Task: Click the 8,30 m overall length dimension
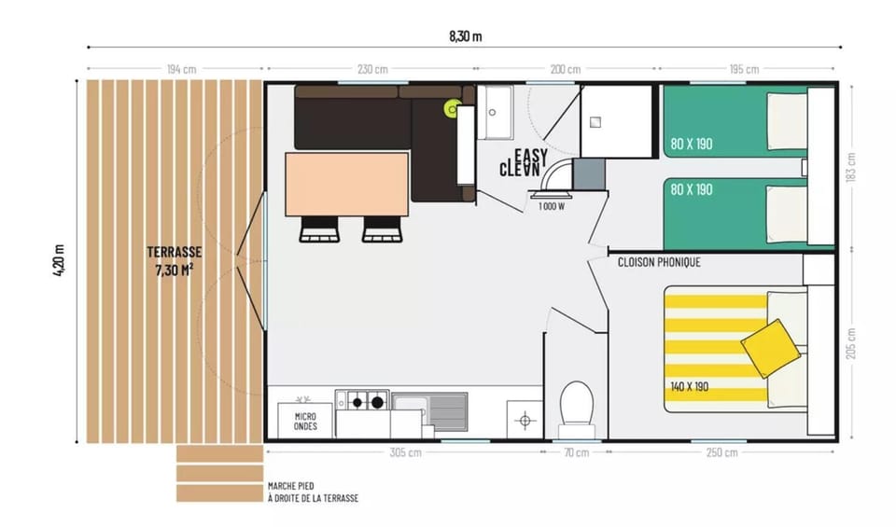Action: pyautogui.click(x=465, y=36)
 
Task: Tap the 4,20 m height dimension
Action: pyautogui.click(x=59, y=260)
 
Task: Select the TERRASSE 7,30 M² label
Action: pyautogui.click(x=175, y=261)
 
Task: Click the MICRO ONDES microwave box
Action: pyautogui.click(x=305, y=422)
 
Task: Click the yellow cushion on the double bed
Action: pyautogui.click(x=770, y=348)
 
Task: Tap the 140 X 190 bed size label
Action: pyautogui.click(x=689, y=386)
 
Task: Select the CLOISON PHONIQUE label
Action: pyautogui.click(x=659, y=262)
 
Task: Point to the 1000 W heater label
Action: pyautogui.click(x=552, y=206)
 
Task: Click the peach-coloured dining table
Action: pyautogui.click(x=347, y=184)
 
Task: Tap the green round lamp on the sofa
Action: pyautogui.click(x=454, y=108)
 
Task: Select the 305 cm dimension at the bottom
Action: pyautogui.click(x=406, y=452)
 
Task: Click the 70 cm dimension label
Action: pyautogui.click(x=576, y=452)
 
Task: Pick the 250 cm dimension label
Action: pyautogui.click(x=721, y=452)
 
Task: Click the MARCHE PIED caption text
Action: pyautogui.click(x=291, y=486)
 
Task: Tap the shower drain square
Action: pyautogui.click(x=595, y=121)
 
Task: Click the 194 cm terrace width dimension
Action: pyautogui.click(x=182, y=69)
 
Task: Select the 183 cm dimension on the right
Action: pyautogui.click(x=851, y=167)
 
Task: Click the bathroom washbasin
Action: pyautogui.click(x=495, y=112)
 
